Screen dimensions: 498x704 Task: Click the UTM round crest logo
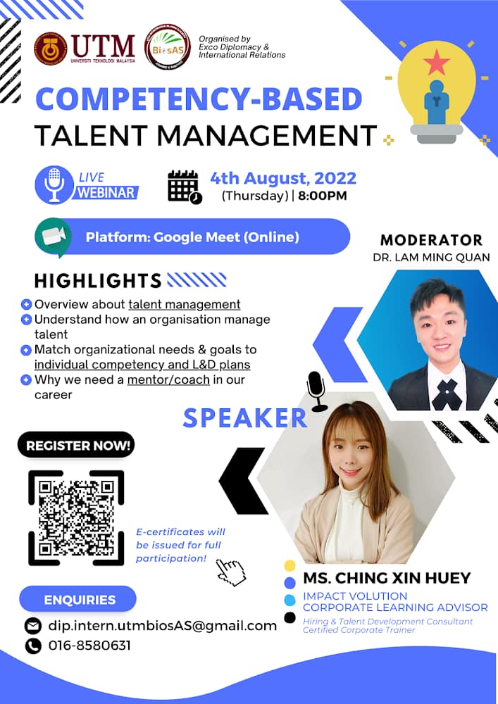[50, 49]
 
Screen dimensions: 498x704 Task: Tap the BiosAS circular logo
[168, 48]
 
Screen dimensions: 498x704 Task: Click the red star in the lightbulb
[436, 63]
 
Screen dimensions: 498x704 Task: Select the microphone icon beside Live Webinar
[54, 184]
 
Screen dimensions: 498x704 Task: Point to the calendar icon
[185, 187]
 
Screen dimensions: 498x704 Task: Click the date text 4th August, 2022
[283, 178]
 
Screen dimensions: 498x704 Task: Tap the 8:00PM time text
[323, 196]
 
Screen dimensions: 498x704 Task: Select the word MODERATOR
[432, 240]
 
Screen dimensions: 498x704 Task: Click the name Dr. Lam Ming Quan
[431, 257]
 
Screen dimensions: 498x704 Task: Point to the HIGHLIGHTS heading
[98, 281]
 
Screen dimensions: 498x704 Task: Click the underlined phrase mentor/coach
[168, 380]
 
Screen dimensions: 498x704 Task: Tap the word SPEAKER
[244, 418]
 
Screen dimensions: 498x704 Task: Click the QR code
[76, 517]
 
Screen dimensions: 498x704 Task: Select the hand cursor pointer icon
[231, 572]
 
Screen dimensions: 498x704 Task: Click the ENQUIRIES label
[80, 600]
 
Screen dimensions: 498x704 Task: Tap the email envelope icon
[33, 626]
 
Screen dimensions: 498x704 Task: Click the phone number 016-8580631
[89, 646]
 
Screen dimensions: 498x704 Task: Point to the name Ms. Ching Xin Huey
[387, 578]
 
